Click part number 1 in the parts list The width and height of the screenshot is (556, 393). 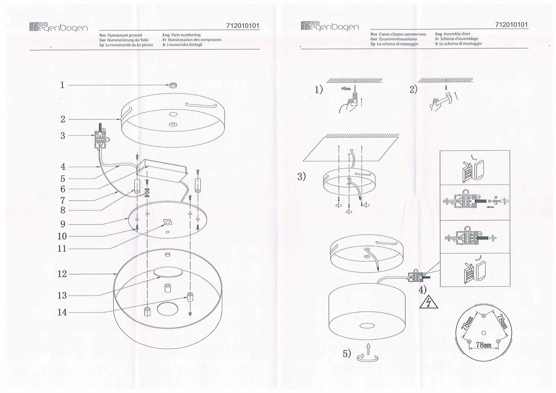coord(63,85)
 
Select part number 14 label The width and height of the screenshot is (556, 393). coord(62,312)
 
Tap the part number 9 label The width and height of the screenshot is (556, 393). coord(63,224)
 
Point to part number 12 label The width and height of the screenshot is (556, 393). coord(62,274)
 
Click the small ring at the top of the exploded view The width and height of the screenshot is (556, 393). coord(173,85)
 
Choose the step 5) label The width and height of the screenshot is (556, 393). coord(347,354)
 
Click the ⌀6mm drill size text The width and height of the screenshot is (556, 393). coord(346,89)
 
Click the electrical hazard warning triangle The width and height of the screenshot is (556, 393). coord(429,303)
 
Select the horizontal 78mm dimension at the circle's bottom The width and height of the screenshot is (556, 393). coord(483,345)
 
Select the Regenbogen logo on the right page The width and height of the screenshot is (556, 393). coord(330,26)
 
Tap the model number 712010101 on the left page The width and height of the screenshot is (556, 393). coord(243,26)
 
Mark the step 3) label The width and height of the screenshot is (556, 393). coord(302,176)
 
